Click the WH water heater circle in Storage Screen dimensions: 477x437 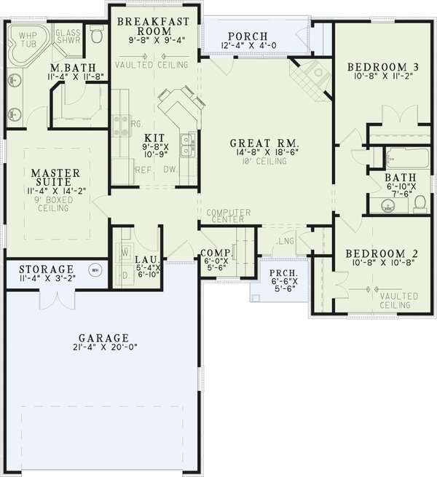(94, 270)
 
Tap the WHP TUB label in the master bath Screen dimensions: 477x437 (27, 38)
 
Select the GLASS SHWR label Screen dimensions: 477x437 (68, 37)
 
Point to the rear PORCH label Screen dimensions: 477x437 (248, 36)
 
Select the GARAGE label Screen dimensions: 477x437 (106, 338)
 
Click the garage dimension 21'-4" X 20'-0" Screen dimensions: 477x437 (106, 348)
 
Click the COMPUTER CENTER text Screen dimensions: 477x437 (229, 216)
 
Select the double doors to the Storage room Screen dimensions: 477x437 (55, 299)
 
